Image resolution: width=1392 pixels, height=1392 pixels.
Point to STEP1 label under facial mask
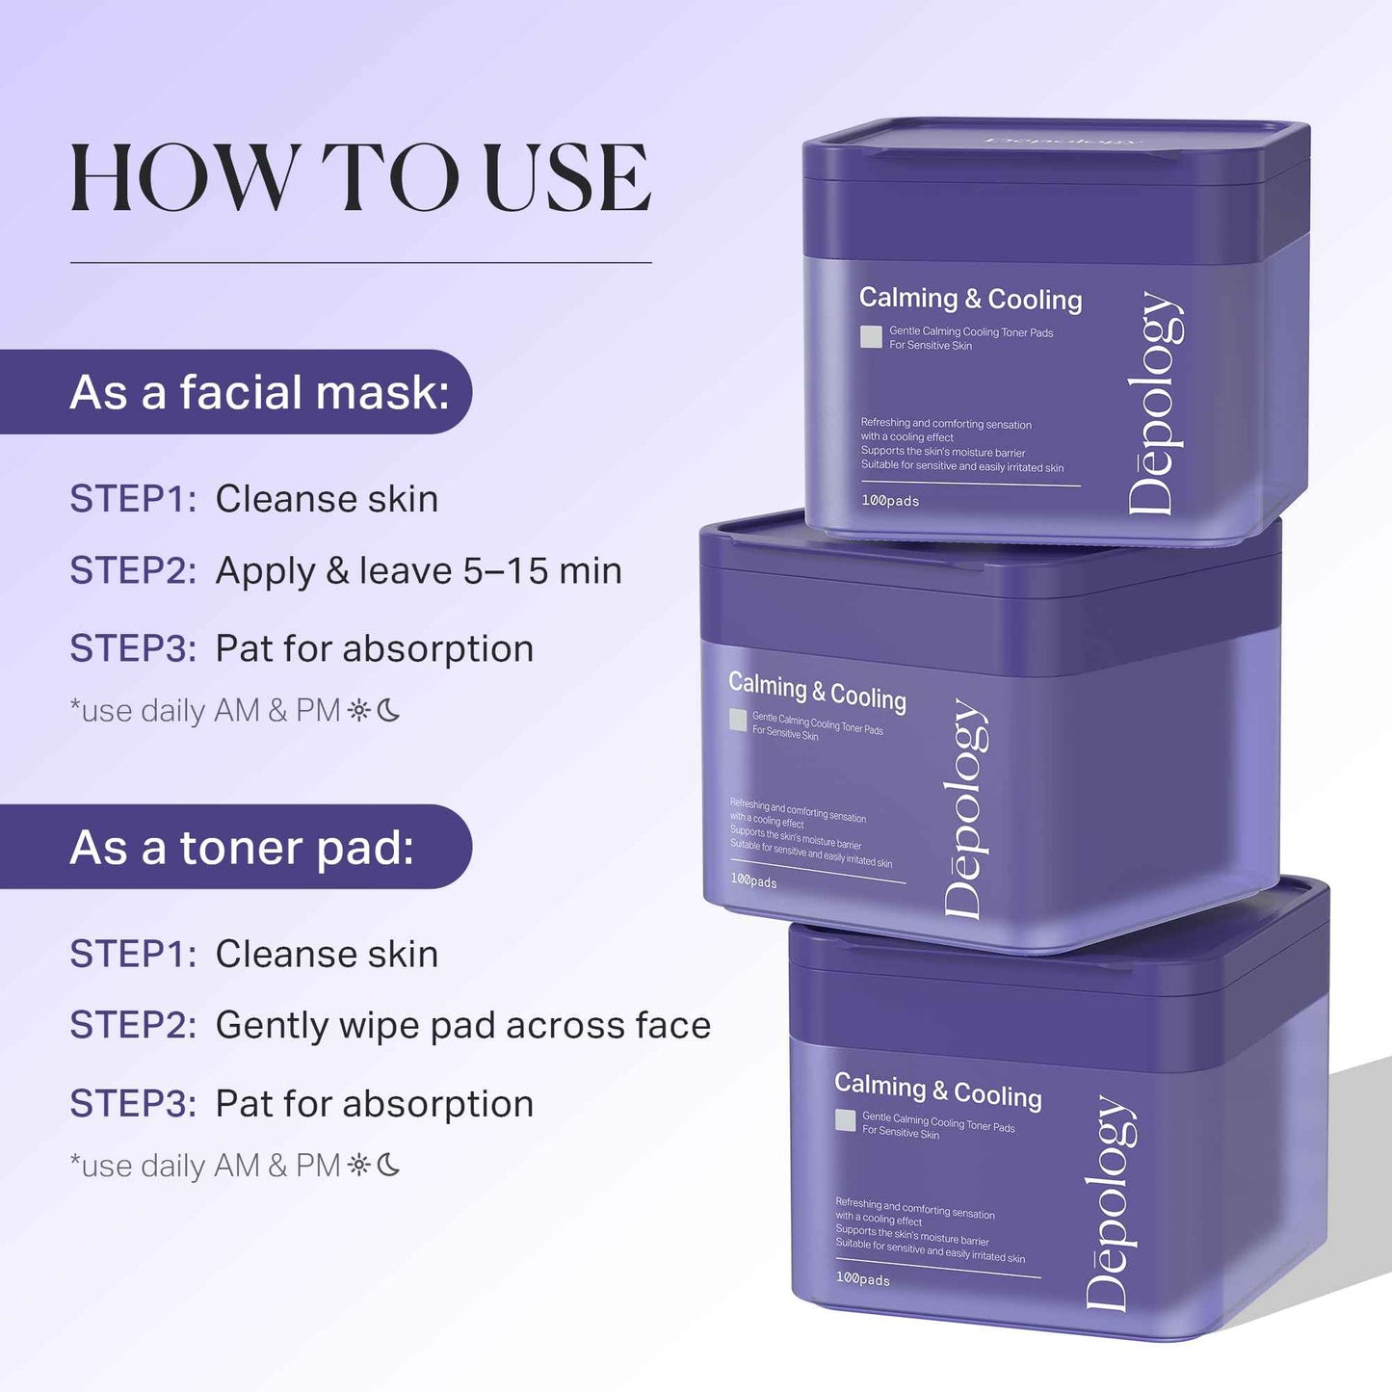point(133,499)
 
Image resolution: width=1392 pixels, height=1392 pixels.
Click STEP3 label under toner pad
point(133,1104)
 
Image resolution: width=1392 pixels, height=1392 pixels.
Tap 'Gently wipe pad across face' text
point(463,1026)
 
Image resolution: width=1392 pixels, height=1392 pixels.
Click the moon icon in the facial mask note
point(388,711)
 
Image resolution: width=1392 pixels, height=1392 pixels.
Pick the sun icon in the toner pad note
point(359,1166)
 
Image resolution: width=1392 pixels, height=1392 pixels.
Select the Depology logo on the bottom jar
point(1110,1204)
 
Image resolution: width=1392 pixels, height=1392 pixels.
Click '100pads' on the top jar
point(890,501)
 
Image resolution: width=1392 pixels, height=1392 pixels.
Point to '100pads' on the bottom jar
point(863,1278)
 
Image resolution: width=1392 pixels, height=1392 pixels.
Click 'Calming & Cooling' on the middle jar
point(817,692)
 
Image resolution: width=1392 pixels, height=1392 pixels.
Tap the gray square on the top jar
point(871,336)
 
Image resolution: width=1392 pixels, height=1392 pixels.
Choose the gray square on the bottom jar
point(846,1120)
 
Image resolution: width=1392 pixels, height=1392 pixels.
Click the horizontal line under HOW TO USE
point(361,262)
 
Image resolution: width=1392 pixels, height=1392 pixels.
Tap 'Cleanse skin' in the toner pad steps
point(327,954)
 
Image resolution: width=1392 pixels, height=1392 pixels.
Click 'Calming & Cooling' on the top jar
point(970,299)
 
